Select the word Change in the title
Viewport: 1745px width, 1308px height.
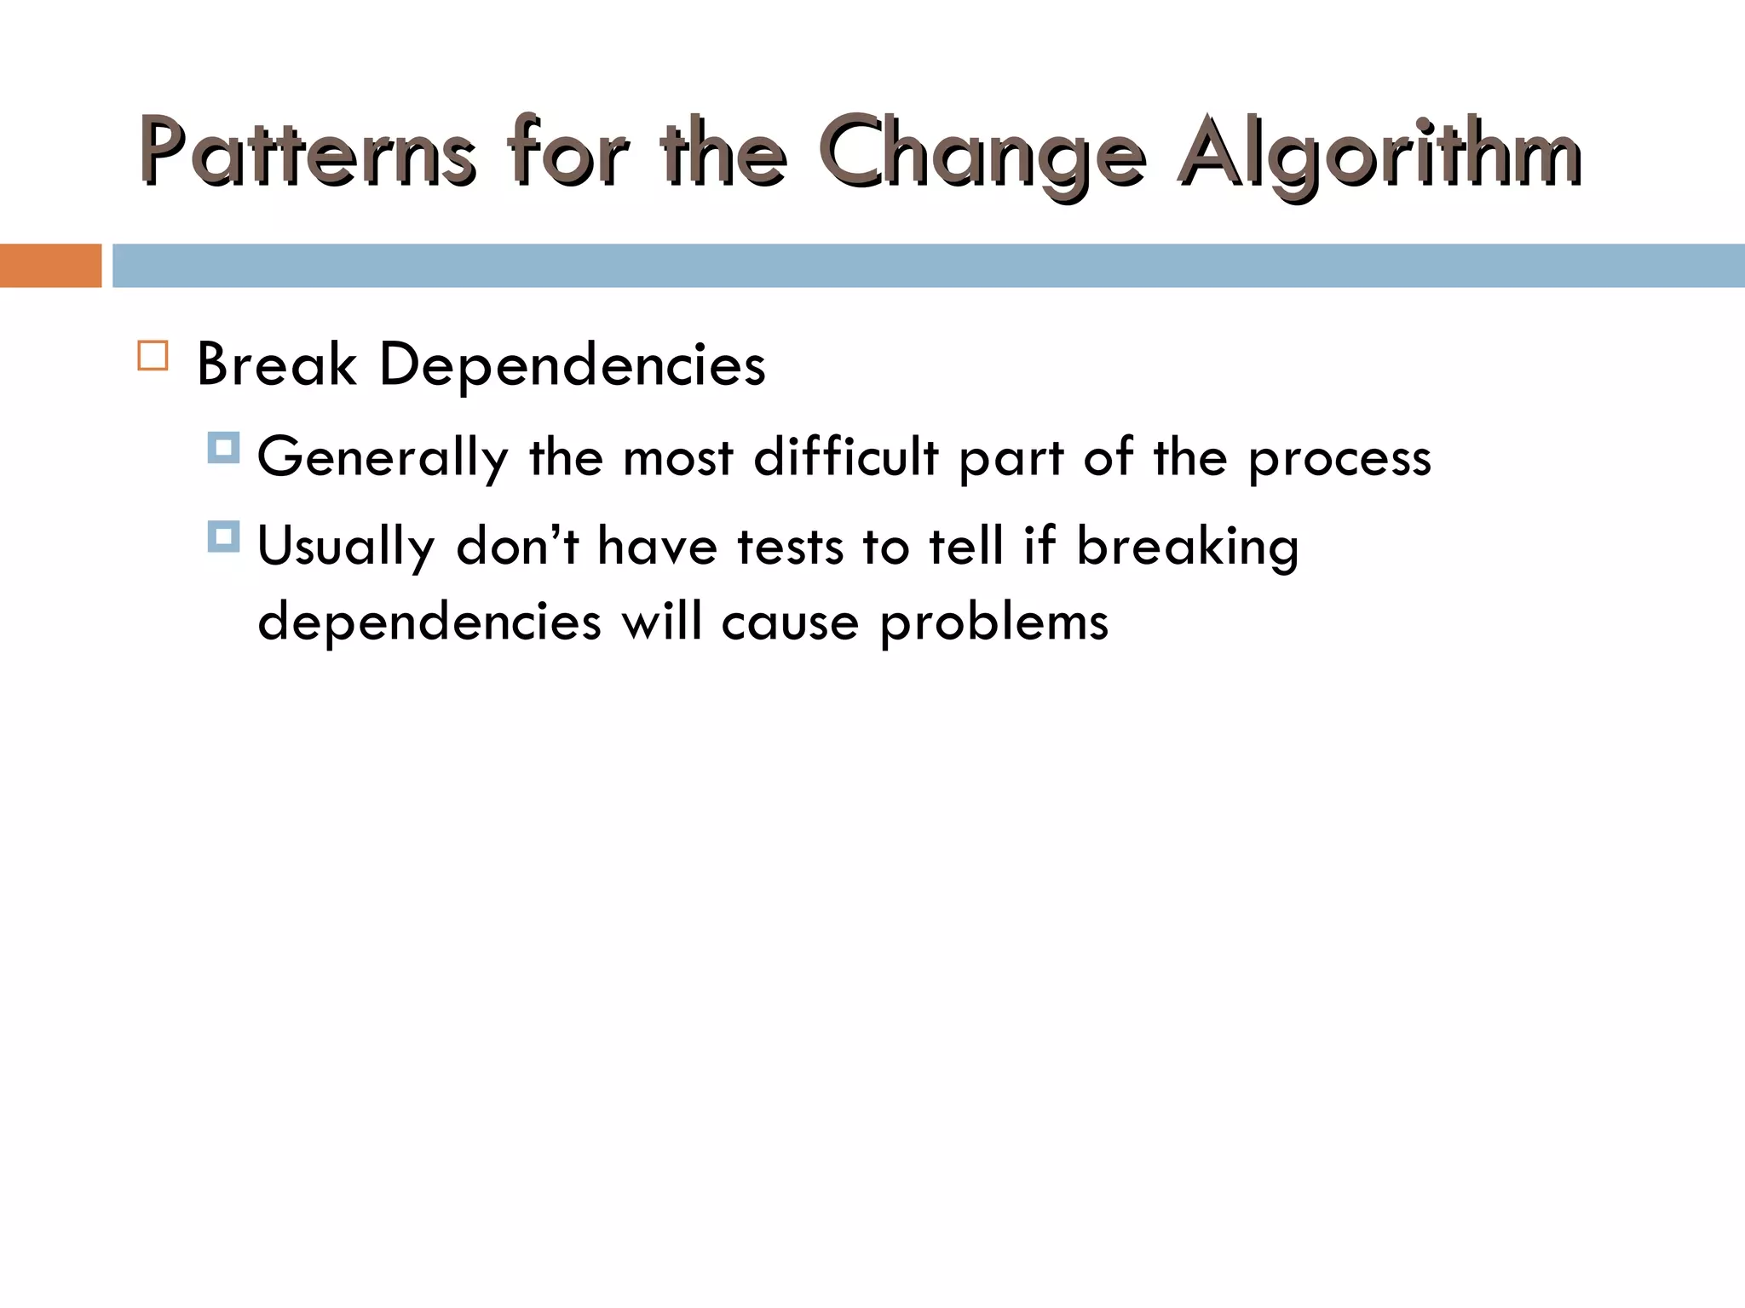click(x=982, y=153)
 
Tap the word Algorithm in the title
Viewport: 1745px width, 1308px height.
click(x=1380, y=153)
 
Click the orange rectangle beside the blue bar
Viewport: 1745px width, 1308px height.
click(x=50, y=266)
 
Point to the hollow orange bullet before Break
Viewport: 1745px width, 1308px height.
click(x=153, y=355)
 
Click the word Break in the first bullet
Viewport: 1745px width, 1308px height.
click(x=276, y=364)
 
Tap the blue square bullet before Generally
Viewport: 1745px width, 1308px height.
click(x=223, y=448)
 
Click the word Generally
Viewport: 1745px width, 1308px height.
click(x=383, y=458)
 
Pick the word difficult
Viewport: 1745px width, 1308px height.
click(x=846, y=456)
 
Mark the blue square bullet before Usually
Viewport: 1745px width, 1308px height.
click(x=223, y=536)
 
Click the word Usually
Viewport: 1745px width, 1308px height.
click(x=346, y=547)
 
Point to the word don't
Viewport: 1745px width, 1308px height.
click(x=518, y=545)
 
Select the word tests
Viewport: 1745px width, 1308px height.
click(x=791, y=547)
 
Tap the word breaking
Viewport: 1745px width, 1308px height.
click(x=1188, y=547)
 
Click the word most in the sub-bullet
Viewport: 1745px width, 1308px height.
click(x=678, y=458)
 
